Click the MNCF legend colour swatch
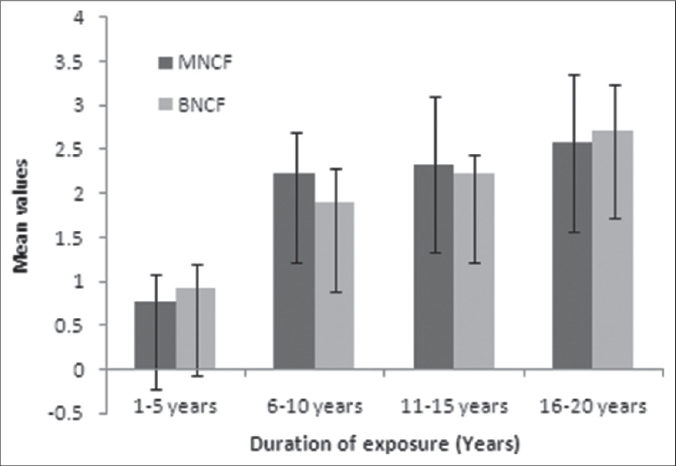click(164, 62)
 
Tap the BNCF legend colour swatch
click(164, 105)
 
